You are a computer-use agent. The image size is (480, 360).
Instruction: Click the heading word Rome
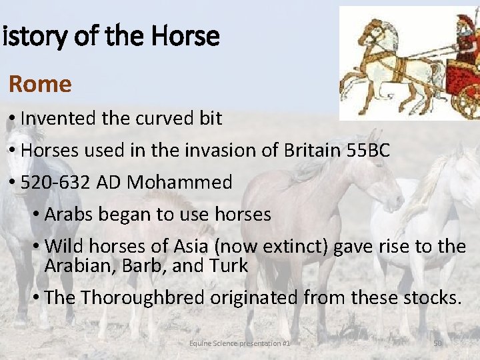[x=40, y=85]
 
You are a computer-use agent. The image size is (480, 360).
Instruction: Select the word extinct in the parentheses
[x=294, y=247]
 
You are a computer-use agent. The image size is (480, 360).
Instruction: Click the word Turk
[x=231, y=266]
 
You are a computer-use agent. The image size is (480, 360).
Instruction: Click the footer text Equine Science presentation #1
[x=239, y=343]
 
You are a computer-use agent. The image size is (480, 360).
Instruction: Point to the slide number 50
[x=438, y=343]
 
